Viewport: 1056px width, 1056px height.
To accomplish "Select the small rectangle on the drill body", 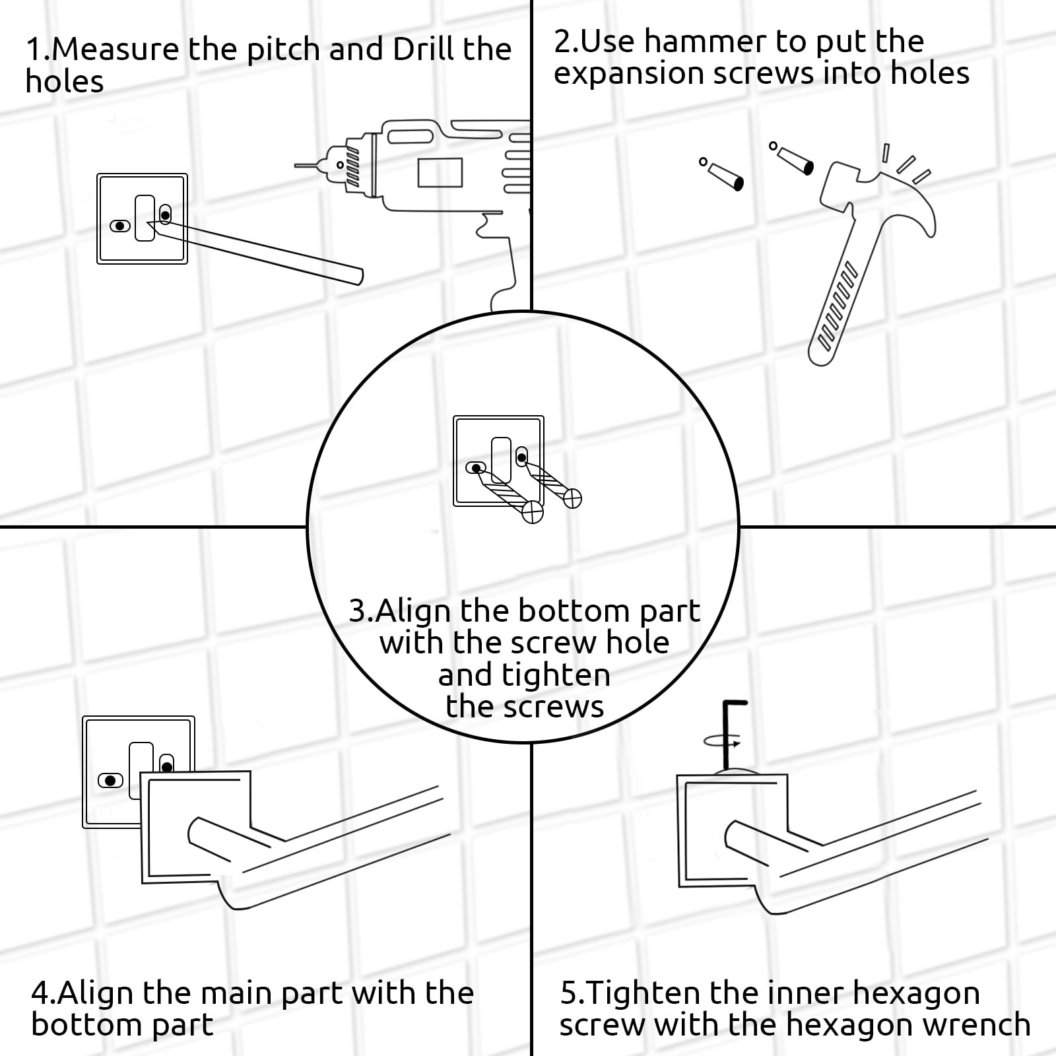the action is (440, 173).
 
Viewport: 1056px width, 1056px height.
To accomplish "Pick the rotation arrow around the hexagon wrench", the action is (723, 742).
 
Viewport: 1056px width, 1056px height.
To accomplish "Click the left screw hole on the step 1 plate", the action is (120, 226).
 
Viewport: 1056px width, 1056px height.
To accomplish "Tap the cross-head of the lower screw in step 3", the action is (533, 512).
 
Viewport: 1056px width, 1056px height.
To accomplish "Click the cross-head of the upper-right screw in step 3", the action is (573, 498).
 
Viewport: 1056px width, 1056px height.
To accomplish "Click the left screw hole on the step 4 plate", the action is (110, 780).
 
